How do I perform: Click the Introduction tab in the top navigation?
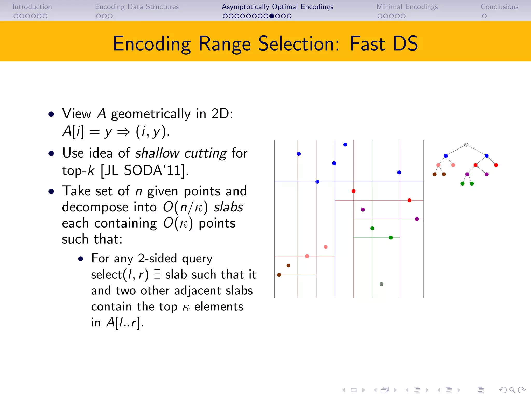(32, 7)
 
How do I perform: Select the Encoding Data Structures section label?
(137, 7)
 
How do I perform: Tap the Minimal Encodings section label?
(407, 7)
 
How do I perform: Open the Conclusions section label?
(500, 7)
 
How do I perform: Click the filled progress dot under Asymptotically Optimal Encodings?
(271, 16)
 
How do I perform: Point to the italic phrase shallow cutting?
(181, 153)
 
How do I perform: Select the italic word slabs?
(228, 207)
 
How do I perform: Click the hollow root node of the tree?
(466, 145)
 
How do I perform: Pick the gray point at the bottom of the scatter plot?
(381, 284)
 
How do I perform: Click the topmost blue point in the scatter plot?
(345, 145)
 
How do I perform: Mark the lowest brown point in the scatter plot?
(279, 275)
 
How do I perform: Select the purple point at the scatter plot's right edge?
(417, 219)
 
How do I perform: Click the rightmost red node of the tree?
(496, 165)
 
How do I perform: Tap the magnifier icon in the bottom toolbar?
(512, 390)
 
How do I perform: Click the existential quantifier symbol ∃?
(157, 274)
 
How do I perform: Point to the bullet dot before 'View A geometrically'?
(51, 114)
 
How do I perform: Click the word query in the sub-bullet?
(197, 259)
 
